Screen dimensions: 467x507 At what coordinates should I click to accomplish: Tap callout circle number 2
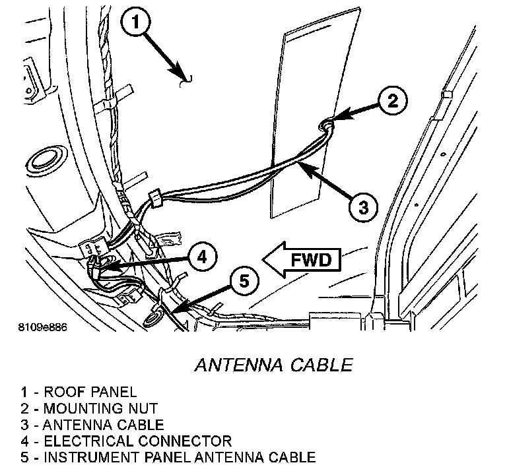[x=392, y=101]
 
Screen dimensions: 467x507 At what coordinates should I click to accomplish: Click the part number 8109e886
[x=42, y=327]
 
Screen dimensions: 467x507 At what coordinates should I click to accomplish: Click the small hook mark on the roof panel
[x=187, y=80]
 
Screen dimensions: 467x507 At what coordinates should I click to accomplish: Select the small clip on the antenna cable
[x=156, y=197]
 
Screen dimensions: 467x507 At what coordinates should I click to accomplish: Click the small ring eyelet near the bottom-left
[x=151, y=319]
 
